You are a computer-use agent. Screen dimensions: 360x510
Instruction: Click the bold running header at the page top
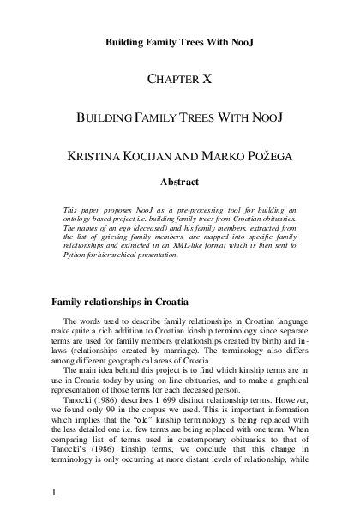180,41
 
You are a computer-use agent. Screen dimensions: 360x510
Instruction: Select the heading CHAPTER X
180,78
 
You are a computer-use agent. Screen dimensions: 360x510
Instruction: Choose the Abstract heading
180,182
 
